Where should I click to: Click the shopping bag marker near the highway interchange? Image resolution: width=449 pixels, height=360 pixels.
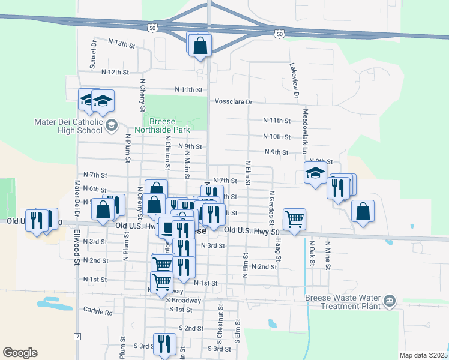pos(200,45)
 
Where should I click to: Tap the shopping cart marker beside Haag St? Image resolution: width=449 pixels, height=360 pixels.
pos(294,220)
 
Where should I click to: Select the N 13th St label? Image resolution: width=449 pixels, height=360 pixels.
pos(122,44)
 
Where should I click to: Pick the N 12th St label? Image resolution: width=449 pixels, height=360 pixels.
pos(115,72)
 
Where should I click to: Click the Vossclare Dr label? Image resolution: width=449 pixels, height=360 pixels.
pos(234,103)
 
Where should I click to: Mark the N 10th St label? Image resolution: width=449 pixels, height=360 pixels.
pos(277,137)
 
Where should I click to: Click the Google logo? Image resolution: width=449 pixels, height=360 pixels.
pos(20,353)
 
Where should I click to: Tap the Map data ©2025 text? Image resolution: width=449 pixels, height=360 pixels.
pos(423,355)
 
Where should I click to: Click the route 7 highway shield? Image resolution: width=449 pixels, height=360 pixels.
pos(77,337)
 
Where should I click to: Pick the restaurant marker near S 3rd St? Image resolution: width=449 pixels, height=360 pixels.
pos(164,344)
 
